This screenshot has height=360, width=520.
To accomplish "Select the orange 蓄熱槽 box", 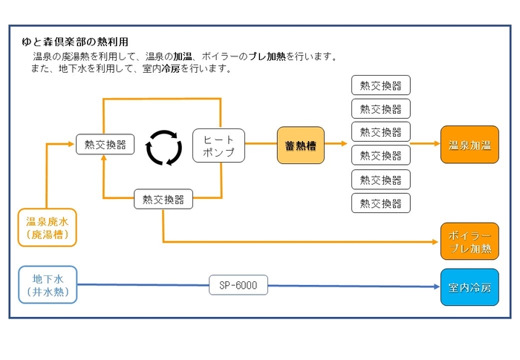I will [301, 145].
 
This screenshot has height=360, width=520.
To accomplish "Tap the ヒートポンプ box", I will [218, 146].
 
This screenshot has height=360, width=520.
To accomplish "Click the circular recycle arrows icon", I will [163, 147].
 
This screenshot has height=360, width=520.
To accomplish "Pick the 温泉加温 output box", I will [469, 145].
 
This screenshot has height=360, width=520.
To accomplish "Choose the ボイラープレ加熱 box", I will [469, 241].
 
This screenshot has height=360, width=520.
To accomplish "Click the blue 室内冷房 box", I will [469, 287].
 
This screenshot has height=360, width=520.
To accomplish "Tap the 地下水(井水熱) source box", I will [48, 286].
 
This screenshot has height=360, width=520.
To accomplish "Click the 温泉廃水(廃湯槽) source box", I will [48, 227].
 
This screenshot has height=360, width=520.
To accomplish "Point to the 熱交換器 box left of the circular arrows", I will [105, 144].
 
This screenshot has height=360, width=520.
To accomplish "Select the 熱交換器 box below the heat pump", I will [163, 199].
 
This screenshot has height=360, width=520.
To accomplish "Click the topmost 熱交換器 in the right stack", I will [380, 85].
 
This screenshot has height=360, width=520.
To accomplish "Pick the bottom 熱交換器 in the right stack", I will [380, 203].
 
